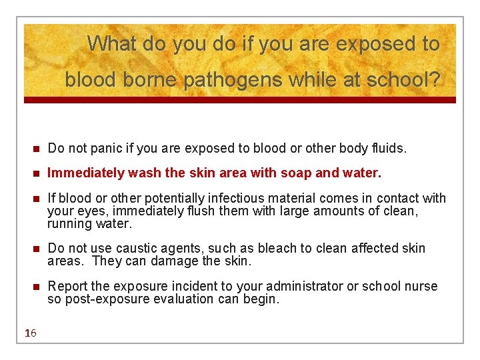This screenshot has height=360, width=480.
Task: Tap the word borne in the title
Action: [x=151, y=81]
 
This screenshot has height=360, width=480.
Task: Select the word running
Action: [x=70, y=223]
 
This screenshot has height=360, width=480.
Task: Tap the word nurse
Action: [x=419, y=286]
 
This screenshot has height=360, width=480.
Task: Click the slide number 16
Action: [x=31, y=333]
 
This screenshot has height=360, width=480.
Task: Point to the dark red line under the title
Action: [x=240, y=100]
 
